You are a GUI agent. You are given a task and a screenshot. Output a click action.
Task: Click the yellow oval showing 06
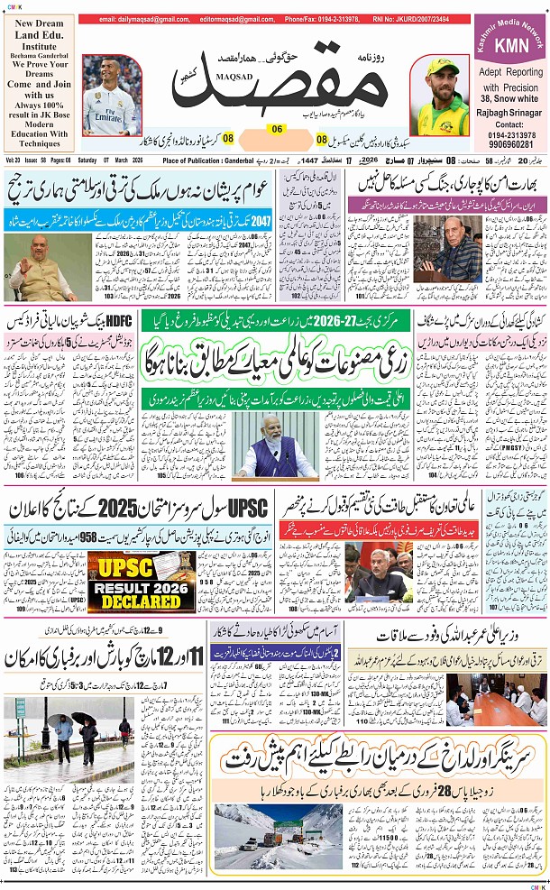pos(277,129)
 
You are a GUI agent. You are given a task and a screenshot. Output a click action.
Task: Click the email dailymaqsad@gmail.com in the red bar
pos(139,18)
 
